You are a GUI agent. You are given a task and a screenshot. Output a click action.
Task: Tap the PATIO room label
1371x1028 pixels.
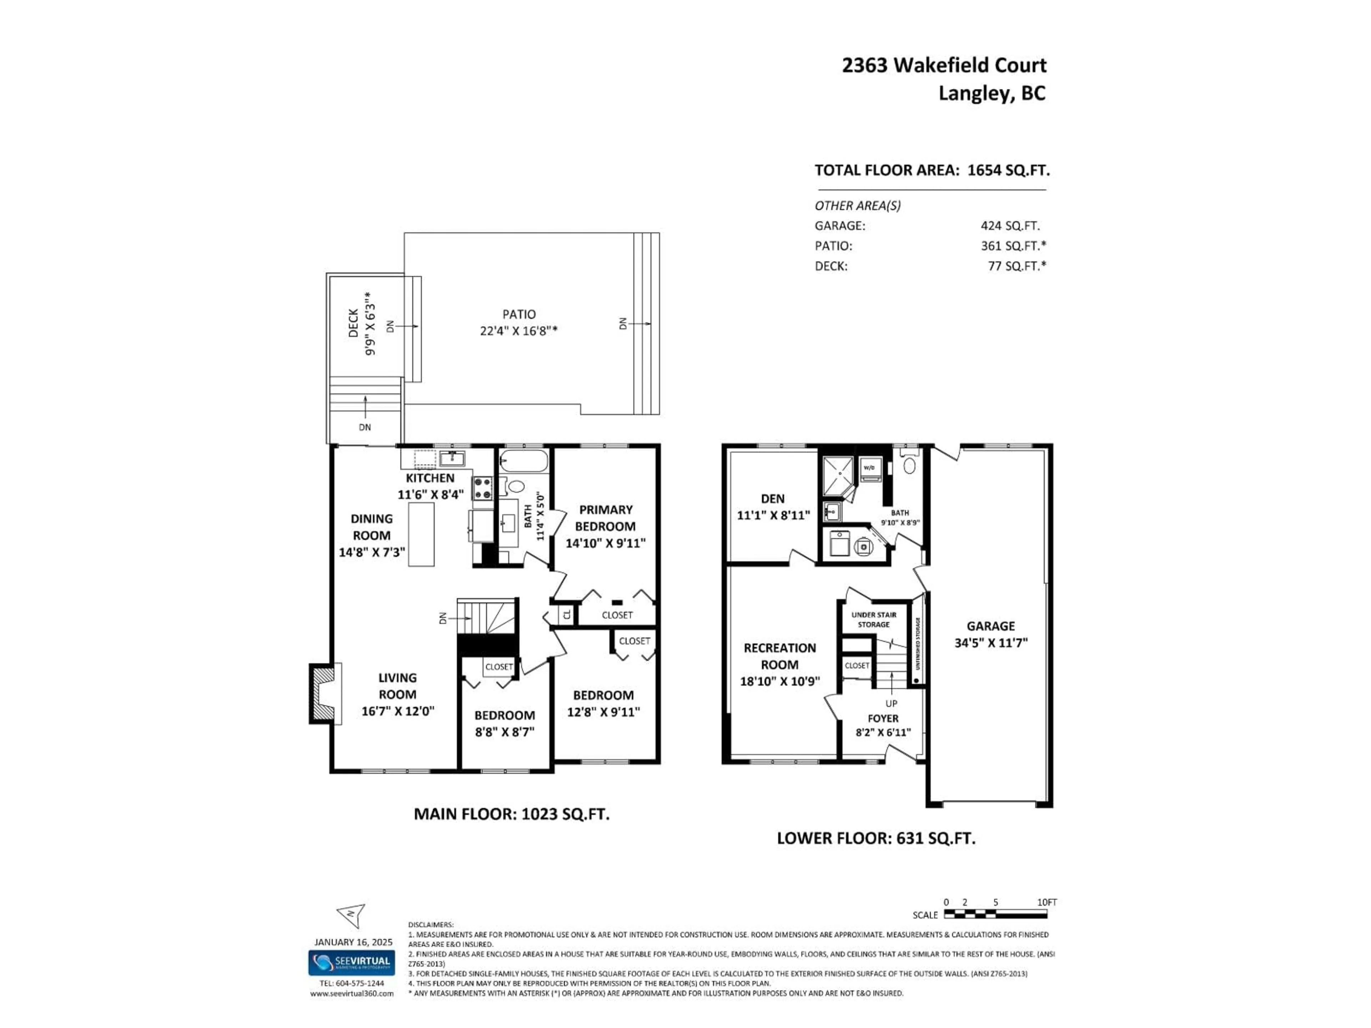pyautogui.click(x=519, y=314)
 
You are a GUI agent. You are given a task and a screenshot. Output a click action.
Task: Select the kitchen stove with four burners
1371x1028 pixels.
pyautogui.click(x=483, y=488)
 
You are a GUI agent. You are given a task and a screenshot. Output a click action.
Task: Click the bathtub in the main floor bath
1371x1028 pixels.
pyautogui.click(x=524, y=462)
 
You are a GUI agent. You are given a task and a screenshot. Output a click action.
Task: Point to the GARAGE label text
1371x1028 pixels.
pyautogui.click(x=990, y=626)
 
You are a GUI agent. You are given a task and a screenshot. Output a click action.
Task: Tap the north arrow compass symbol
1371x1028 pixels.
pyautogui.click(x=351, y=914)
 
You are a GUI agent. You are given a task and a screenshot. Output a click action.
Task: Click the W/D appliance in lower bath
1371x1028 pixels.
pyautogui.click(x=870, y=468)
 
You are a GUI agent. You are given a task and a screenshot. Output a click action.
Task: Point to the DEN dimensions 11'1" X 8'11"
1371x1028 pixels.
pyautogui.click(x=773, y=515)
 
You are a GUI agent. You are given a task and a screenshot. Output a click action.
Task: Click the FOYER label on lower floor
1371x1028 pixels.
pyautogui.click(x=883, y=718)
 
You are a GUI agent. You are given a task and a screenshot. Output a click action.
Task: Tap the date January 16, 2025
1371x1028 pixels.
pyautogui.click(x=353, y=942)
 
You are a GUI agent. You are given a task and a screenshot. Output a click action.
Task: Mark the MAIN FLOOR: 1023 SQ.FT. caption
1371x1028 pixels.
pyautogui.click(x=511, y=813)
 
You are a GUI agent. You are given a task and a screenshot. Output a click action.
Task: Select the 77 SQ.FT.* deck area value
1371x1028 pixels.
pyautogui.click(x=1016, y=266)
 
